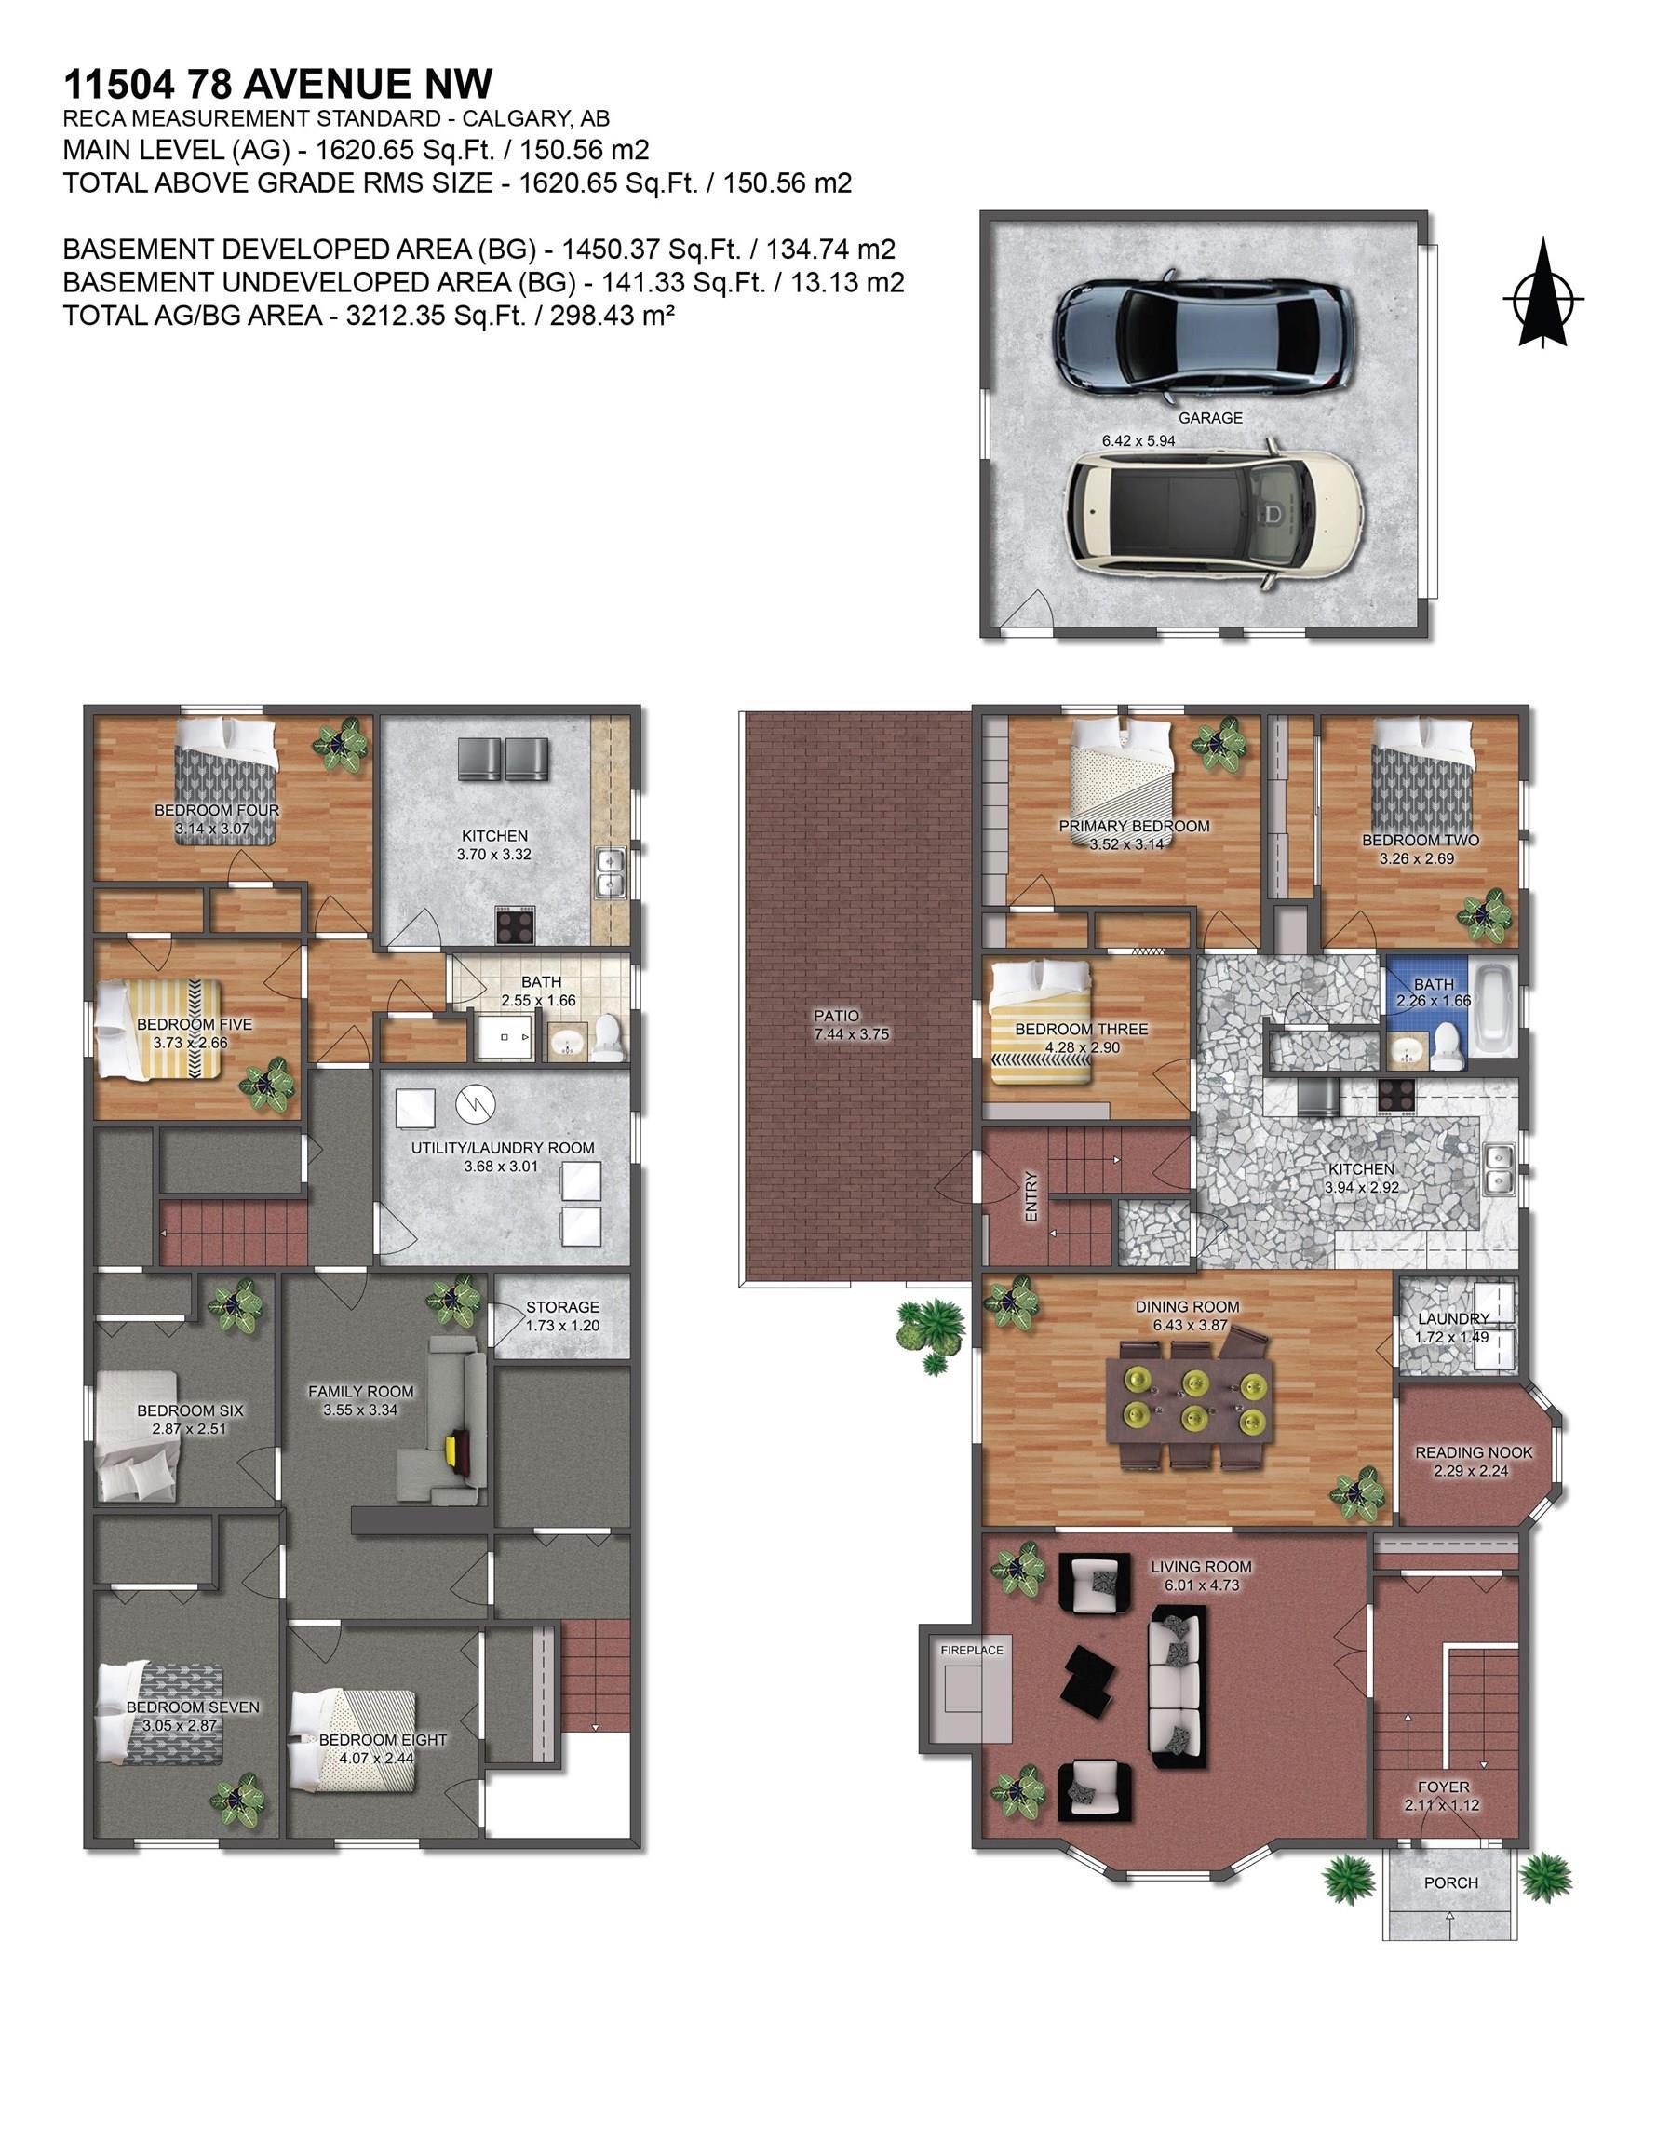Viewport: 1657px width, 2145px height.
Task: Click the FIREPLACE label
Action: (972, 1650)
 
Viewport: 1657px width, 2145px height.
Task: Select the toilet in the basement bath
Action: (608, 1037)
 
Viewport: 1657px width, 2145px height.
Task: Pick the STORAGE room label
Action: (562, 1307)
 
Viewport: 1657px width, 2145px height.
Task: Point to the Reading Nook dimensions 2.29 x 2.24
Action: (1471, 1471)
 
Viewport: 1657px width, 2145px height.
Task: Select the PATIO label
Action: (836, 1016)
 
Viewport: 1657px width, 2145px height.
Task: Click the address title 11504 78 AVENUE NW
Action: (278, 85)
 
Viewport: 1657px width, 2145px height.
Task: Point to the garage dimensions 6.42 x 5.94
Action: (1138, 441)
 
